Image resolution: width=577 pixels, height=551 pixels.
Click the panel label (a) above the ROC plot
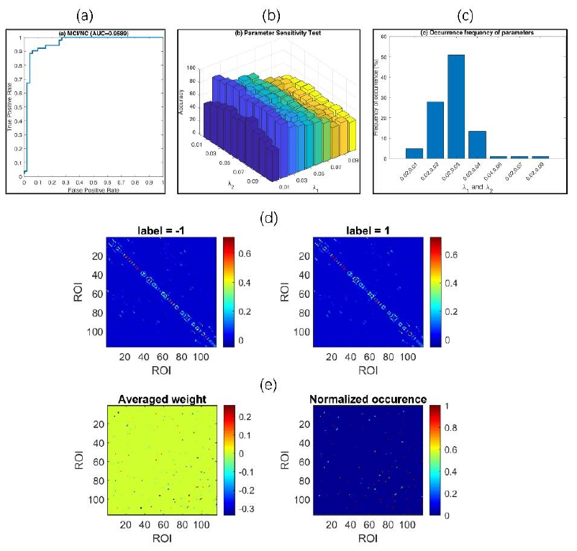tap(85, 14)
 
